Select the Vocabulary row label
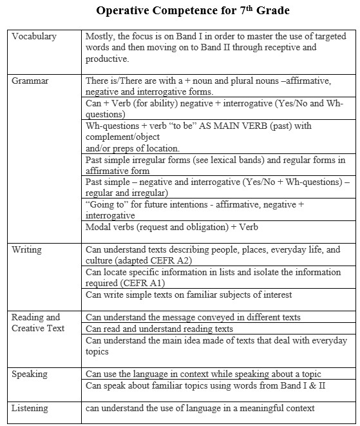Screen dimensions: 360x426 click(34, 36)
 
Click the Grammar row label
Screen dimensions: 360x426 click(30, 81)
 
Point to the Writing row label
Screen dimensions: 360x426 click(27, 249)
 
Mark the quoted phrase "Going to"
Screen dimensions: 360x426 click(106, 204)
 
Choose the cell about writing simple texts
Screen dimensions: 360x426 click(189, 295)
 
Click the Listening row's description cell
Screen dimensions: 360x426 click(200, 408)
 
